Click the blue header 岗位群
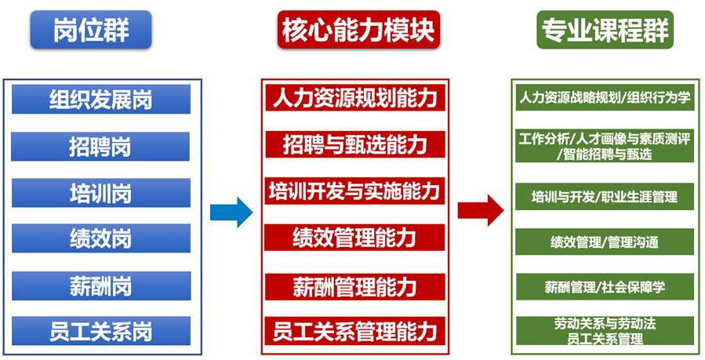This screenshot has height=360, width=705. point(91,30)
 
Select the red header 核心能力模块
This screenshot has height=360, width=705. point(355,30)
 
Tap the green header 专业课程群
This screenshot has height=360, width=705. point(604,30)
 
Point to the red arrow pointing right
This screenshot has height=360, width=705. point(480,209)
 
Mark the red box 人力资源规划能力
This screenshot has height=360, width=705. point(354,98)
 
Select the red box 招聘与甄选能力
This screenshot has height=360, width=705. point(354,144)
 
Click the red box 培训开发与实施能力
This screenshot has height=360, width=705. point(354,191)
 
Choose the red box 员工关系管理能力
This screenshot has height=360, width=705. point(354,330)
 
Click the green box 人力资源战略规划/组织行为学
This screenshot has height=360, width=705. point(604,98)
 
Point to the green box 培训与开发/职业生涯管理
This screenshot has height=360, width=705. point(604,196)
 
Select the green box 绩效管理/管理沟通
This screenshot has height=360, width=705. point(604,242)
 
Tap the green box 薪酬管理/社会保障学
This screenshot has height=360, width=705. point(604,287)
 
